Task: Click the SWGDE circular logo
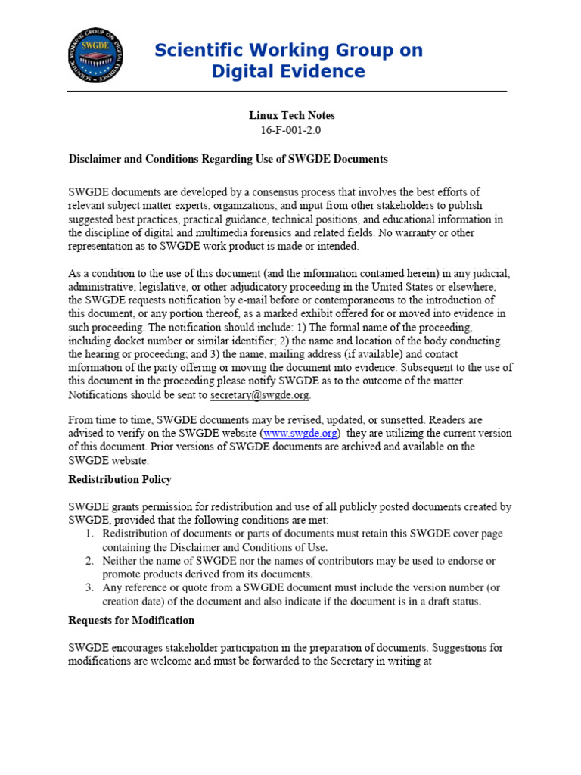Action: (x=95, y=55)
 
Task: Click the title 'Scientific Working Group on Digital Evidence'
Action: (x=288, y=61)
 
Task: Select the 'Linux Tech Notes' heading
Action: (x=291, y=116)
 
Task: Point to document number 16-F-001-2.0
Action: (x=291, y=130)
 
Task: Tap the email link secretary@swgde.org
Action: (x=259, y=394)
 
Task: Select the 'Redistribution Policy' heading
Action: (x=120, y=479)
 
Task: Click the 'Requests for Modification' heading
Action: (x=131, y=620)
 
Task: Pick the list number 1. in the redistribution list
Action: (x=89, y=534)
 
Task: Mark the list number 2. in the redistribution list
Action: (x=89, y=561)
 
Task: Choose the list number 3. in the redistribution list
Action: (x=89, y=588)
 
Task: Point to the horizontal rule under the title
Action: (x=287, y=92)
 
